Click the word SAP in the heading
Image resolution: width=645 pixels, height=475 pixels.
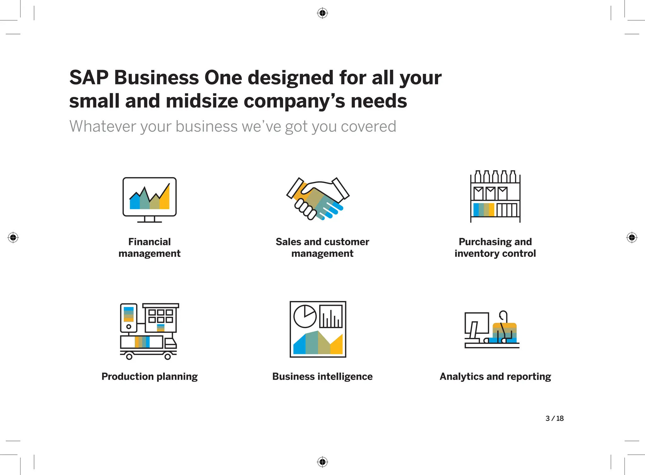[x=89, y=78]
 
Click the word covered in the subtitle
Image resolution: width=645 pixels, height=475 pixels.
[x=368, y=126]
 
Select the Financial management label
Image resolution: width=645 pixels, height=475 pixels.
[x=149, y=247]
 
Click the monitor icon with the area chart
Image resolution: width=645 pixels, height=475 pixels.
[x=149, y=199]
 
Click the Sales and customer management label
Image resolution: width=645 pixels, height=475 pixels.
[x=322, y=247]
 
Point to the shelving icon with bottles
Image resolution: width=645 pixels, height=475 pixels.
[x=495, y=196]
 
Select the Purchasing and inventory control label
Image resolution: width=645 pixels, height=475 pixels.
[x=495, y=247]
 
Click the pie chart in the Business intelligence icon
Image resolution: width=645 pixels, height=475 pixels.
[x=305, y=316]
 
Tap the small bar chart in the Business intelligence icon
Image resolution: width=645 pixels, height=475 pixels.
[x=331, y=316]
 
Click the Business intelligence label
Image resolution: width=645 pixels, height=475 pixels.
[x=322, y=376]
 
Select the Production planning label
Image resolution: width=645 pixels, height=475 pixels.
[x=149, y=376]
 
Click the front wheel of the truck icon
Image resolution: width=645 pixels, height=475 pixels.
[x=168, y=356]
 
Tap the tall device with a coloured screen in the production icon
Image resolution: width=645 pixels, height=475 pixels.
[x=128, y=318]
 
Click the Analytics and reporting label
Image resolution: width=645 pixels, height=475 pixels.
[x=495, y=376]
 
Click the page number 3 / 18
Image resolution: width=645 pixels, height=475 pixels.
[x=554, y=418]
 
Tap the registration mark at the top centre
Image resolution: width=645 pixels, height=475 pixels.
[x=322, y=13]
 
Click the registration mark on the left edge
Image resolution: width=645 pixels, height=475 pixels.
[x=13, y=237]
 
